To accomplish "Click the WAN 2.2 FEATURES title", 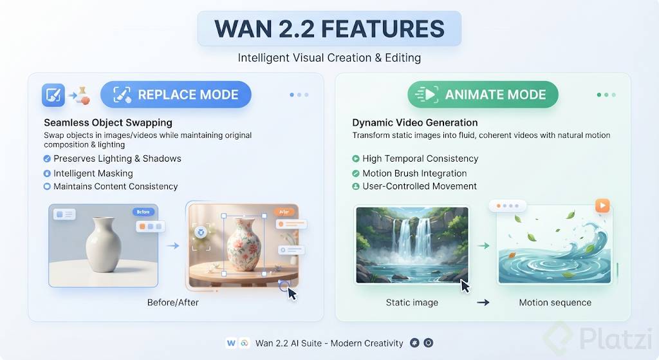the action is coord(329,28).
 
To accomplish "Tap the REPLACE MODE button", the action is coord(176,94).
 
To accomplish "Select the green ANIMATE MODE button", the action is coord(483,94).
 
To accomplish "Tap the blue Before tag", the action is coord(144,212).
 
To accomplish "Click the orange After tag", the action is coord(284,212).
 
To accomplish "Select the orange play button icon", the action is coord(602,205).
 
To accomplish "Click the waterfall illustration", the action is coord(412,245).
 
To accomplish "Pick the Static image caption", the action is coord(412,303).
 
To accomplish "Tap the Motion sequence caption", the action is coord(555,303).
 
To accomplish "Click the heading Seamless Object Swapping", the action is coord(108,122).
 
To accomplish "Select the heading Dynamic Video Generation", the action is coord(415,122).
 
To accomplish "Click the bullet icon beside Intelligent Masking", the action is coord(47,173).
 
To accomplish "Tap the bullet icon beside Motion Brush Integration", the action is coord(355,173).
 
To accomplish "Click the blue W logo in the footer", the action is coord(231,343).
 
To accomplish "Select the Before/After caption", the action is coord(172,303).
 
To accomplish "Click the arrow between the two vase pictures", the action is coord(173,245).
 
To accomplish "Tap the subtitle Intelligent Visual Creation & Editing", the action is coord(329,57).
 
